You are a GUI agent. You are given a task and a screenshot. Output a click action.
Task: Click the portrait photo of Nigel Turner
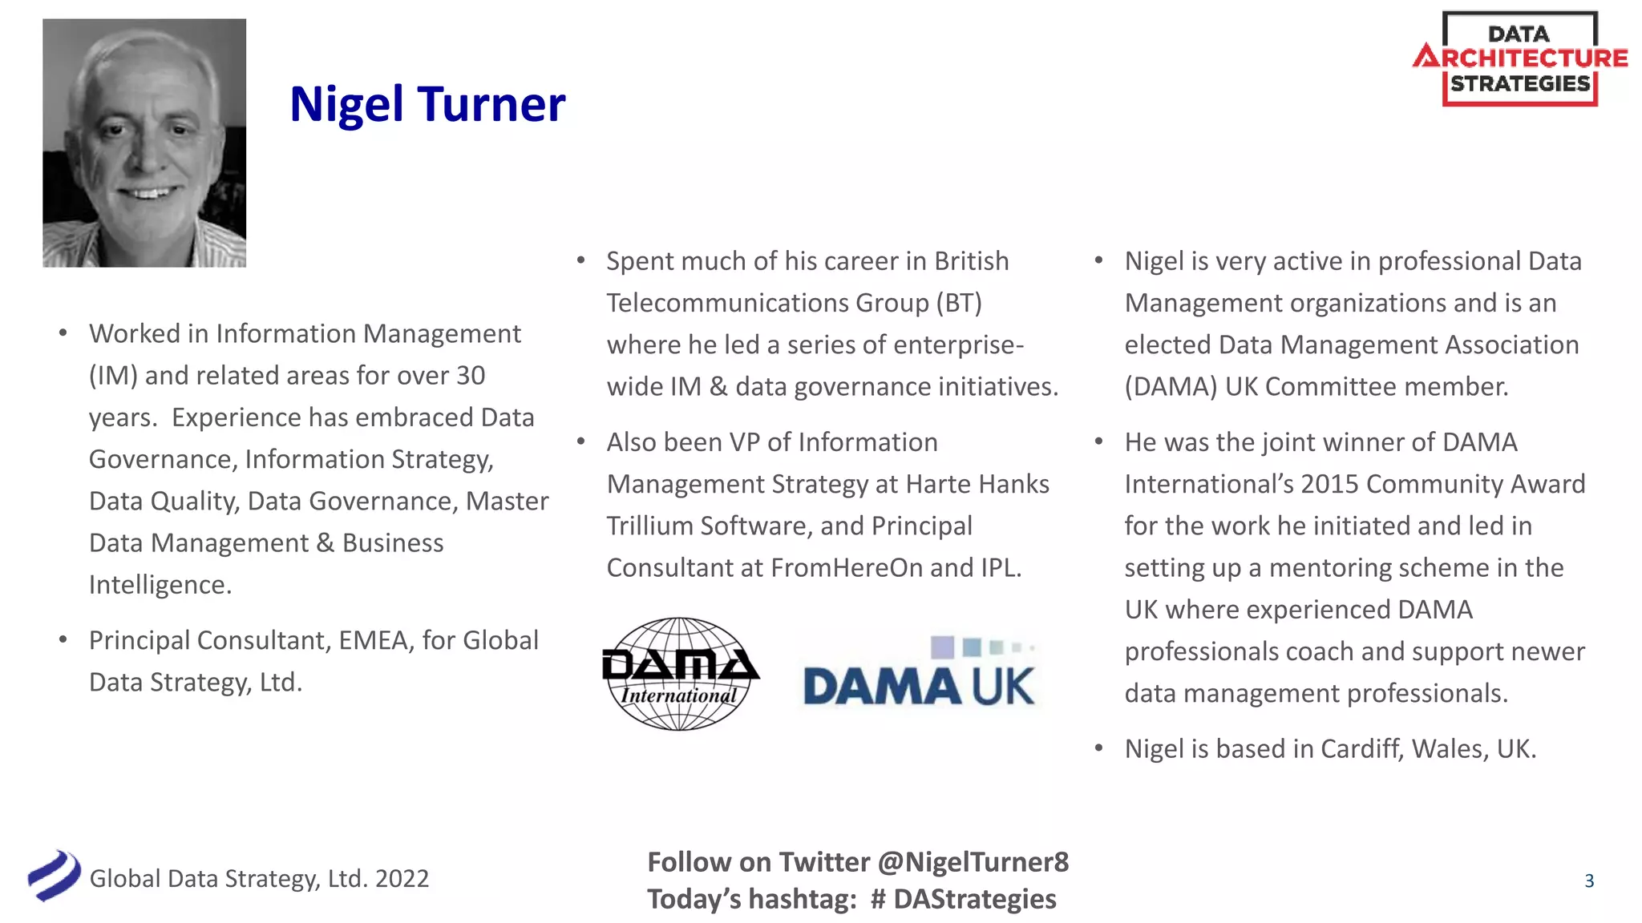coord(144,143)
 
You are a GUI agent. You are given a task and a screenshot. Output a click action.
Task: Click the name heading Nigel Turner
coord(427,104)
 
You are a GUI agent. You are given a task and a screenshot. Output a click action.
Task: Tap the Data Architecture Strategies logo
coord(1520,58)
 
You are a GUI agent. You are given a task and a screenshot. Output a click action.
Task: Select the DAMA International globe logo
coord(680,674)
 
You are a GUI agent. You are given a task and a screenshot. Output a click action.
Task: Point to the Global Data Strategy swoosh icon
coord(54,876)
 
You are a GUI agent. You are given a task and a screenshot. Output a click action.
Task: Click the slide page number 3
coord(1589,881)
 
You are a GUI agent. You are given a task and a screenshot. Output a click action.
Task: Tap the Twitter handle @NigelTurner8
coord(973,862)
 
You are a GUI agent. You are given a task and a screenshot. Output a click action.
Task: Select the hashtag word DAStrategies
coord(975,899)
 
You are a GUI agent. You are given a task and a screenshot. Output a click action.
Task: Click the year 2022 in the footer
coord(402,879)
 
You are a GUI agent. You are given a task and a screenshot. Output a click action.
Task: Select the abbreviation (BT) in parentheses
coord(959,303)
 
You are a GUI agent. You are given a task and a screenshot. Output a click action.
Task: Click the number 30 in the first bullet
coord(471,376)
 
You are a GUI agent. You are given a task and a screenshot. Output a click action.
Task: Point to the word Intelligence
coord(160,585)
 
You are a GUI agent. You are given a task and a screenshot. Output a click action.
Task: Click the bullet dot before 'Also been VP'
coord(581,442)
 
